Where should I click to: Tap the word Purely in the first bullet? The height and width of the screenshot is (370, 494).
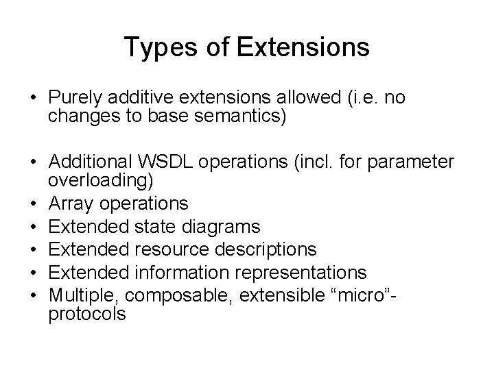pos(73,98)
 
